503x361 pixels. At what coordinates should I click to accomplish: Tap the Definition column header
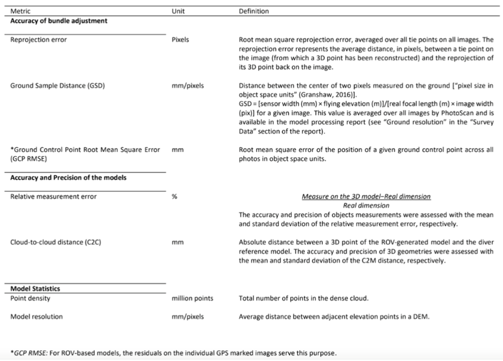(254, 11)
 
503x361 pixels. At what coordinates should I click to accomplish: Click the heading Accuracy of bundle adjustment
(58, 21)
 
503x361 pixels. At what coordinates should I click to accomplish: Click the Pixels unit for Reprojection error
(180, 40)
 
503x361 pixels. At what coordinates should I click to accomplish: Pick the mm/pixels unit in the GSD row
(188, 86)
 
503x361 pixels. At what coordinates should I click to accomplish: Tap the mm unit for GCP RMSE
(176, 150)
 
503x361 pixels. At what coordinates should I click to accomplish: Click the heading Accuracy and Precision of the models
(68, 178)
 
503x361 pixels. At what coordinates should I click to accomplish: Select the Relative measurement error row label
(53, 197)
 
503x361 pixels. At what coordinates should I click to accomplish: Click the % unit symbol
(174, 197)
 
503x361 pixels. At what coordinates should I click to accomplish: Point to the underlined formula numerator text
(366, 197)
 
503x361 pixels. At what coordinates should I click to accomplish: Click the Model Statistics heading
(35, 289)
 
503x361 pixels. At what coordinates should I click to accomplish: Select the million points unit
(192, 298)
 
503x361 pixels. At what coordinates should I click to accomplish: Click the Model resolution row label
(36, 317)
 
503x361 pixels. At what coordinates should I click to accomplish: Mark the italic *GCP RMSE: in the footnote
(28, 353)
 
